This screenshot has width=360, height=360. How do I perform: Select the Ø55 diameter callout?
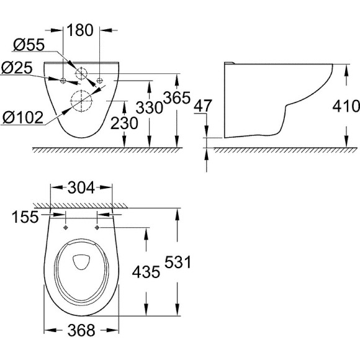27,45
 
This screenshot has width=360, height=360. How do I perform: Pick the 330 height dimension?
150,107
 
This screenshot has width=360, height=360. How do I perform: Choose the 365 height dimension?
176,97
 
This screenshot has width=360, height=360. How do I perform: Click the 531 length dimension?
178,264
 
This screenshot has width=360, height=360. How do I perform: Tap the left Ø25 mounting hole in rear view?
64,79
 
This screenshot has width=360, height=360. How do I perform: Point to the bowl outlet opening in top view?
81,264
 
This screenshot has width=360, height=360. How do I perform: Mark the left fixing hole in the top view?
65,227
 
